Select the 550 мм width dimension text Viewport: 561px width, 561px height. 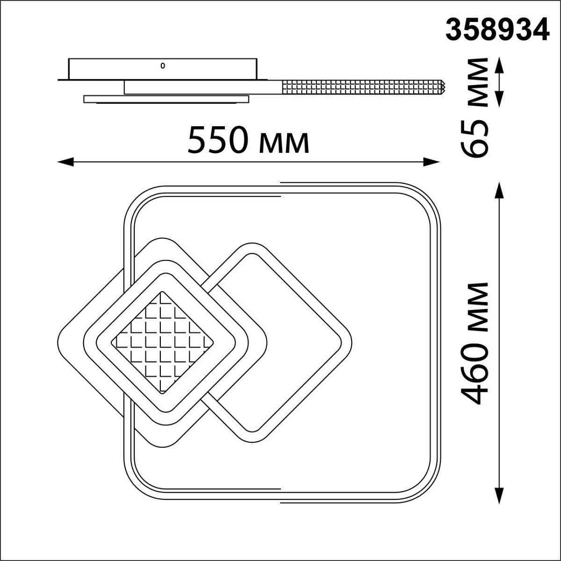click(248, 140)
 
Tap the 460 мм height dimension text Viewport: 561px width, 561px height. click(474, 343)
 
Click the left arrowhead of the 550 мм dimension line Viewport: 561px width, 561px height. click(65, 162)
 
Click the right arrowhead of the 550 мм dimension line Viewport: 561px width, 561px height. click(431, 162)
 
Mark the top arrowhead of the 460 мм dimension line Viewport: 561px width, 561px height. click(499, 191)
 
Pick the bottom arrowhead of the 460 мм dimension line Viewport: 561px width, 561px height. click(499, 495)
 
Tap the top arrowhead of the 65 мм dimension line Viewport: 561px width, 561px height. click(499, 65)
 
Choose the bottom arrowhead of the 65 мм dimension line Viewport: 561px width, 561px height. click(499, 99)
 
